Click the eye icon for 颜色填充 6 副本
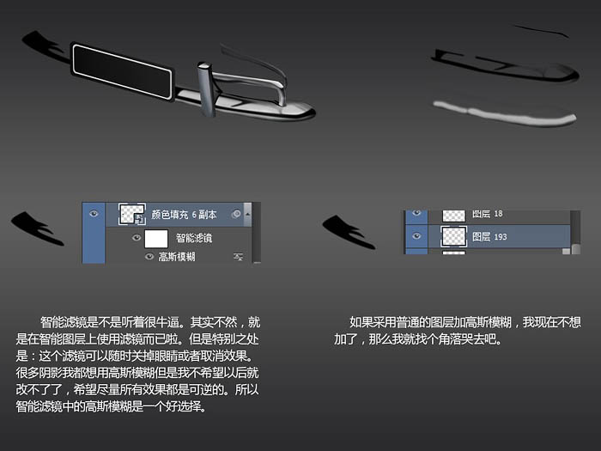coord(94,214)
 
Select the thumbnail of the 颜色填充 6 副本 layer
coord(132,214)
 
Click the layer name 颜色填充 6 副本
coord(184,215)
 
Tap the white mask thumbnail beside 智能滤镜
coord(156,239)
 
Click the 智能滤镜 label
coord(194,238)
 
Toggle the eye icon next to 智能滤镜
coord(136,238)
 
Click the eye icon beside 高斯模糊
coord(149,256)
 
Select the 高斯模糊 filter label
coord(177,257)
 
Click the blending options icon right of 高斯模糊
coord(239,257)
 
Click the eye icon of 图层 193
coord(416,236)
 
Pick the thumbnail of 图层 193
coord(454,236)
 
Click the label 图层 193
coord(489,236)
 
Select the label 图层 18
coord(487,214)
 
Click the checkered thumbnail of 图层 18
coord(454,216)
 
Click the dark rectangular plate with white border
coord(122,71)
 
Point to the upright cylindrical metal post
coord(207,89)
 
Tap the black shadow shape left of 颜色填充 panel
coord(38,229)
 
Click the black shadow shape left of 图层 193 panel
coord(349,233)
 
